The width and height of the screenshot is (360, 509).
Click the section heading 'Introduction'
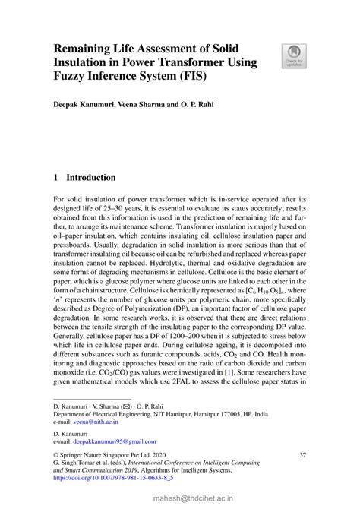click(x=91, y=178)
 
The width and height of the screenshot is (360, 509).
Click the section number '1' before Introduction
click(x=56, y=178)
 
